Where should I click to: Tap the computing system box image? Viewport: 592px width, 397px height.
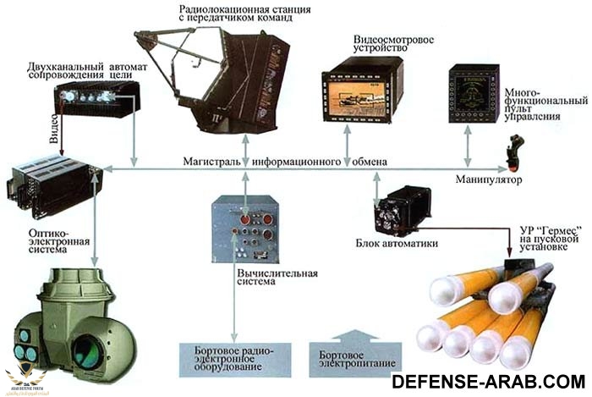(x=244, y=226)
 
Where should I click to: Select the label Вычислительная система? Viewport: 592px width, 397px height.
(x=275, y=278)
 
